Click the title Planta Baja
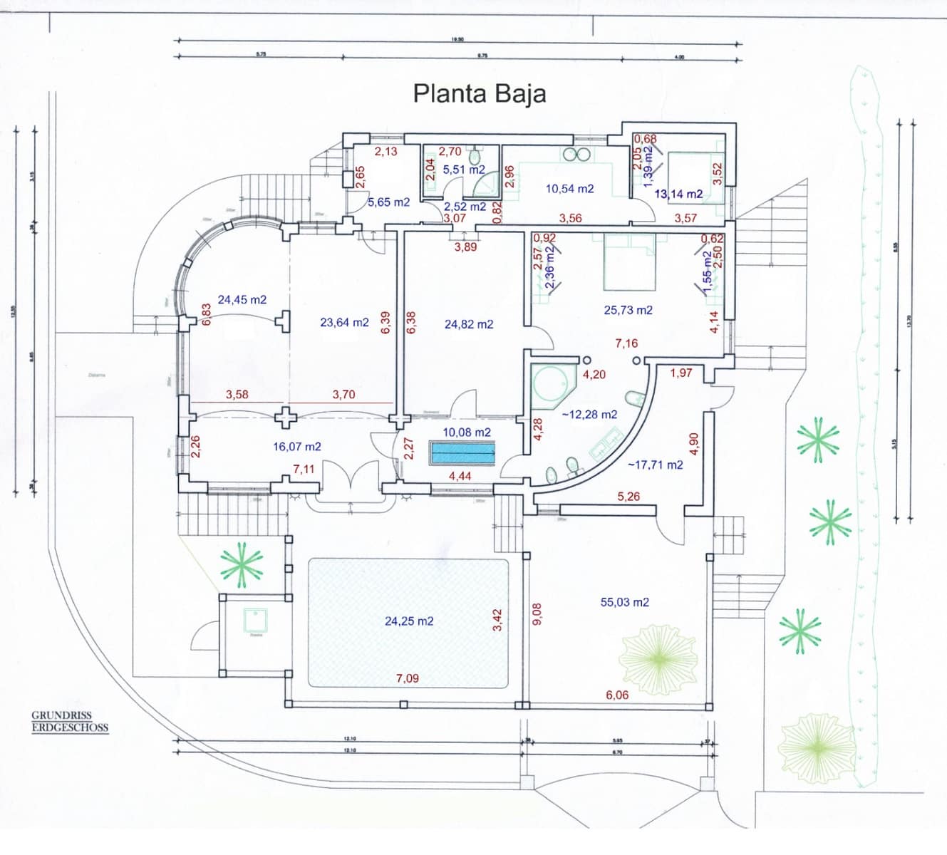[x=480, y=94]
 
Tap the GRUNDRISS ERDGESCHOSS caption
[x=70, y=722]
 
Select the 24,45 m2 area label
[x=242, y=300]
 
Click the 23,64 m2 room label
[x=344, y=323]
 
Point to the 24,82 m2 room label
[x=469, y=325]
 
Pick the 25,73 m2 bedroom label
[x=628, y=311]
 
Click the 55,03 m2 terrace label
[x=624, y=603]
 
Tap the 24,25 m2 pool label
[x=409, y=621]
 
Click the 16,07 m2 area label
[x=297, y=447]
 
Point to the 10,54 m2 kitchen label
[x=569, y=190]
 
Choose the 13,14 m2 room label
[x=678, y=194]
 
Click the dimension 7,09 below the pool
[x=408, y=678]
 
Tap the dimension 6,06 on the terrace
[x=617, y=695]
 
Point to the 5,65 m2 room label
[x=388, y=202]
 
